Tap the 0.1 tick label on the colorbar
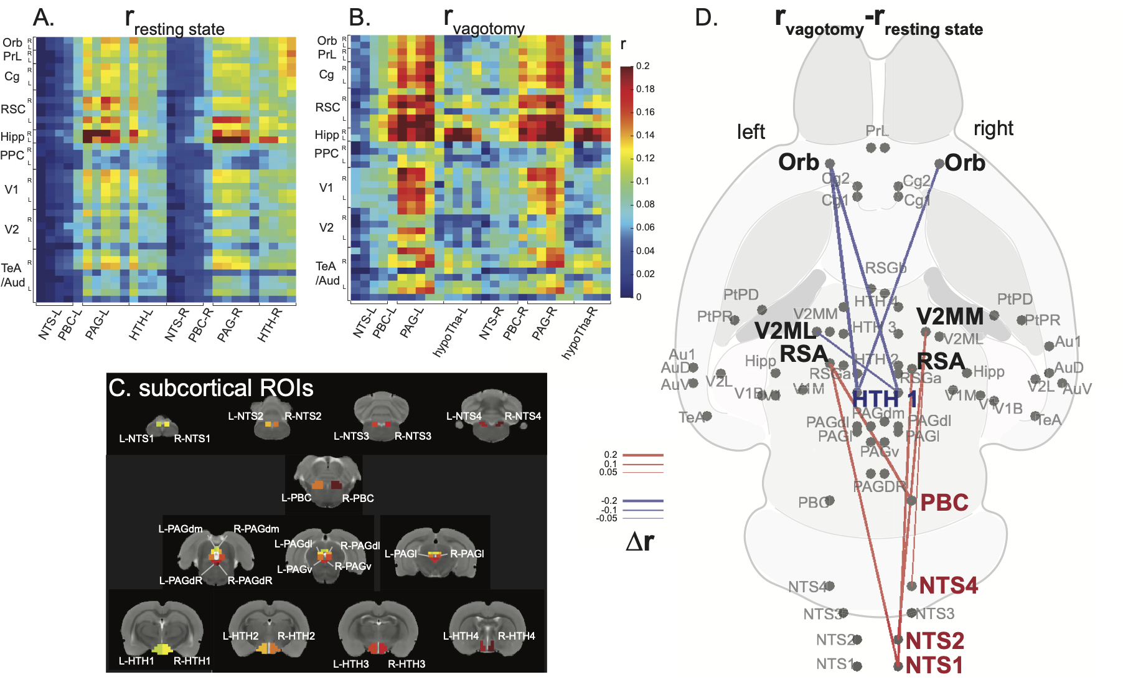click(x=642, y=181)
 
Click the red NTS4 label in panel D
click(x=948, y=585)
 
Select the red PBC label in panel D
click(x=944, y=503)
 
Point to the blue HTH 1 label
click(x=884, y=399)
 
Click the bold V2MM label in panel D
click(x=949, y=317)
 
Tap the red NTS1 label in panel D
click(x=934, y=665)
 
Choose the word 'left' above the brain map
click(x=751, y=132)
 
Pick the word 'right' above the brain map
click(x=993, y=128)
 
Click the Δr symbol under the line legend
click(x=639, y=542)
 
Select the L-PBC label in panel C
click(x=296, y=498)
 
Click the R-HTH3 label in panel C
click(x=406, y=664)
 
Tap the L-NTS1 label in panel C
click(x=136, y=438)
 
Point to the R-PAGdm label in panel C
click(x=256, y=529)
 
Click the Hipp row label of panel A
click(x=12, y=137)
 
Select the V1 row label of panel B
click(x=326, y=187)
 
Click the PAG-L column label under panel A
click(x=96, y=324)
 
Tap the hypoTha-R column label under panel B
click(x=580, y=333)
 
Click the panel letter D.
click(x=706, y=17)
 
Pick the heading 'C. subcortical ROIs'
click(x=210, y=388)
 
